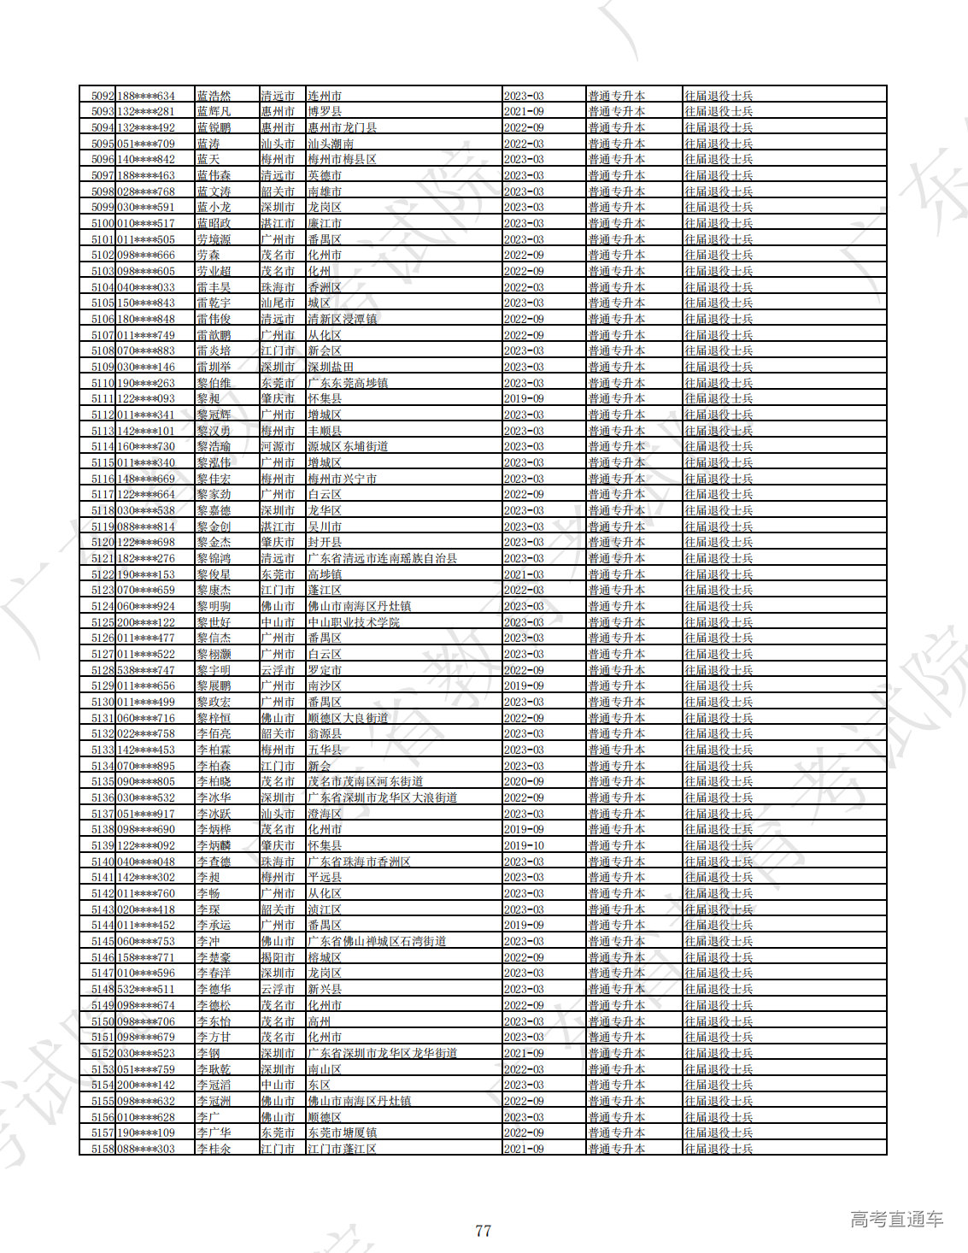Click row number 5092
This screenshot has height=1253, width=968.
pos(102,96)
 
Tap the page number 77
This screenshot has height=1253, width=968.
pos(483,1231)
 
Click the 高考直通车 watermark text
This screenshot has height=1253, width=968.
pos(896,1220)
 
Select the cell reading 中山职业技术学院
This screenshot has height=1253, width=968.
pos(354,622)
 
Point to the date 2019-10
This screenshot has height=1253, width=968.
pos(524,845)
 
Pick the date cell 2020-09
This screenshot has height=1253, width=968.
pos(524,781)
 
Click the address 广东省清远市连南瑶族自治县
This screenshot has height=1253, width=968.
pos(382,558)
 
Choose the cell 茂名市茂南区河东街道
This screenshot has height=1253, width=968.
pos(366,781)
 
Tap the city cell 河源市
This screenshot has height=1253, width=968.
pos(278,446)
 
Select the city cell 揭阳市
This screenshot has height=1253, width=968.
pos(278,957)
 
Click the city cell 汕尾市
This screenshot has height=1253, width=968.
pos(278,303)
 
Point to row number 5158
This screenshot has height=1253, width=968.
pos(102,1149)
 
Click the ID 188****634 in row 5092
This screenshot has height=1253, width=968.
pos(146,96)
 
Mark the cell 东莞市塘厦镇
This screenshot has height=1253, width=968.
pos(343,1132)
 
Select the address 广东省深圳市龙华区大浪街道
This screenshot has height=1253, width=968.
pos(382,797)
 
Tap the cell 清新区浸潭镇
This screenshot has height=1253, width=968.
pos(343,319)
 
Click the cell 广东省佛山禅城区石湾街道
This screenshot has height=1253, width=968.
pos(377,941)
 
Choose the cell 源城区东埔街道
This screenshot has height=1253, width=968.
pos(348,446)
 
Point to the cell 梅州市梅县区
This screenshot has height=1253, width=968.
pos(343,159)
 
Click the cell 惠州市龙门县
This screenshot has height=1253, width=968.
pos(343,127)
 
